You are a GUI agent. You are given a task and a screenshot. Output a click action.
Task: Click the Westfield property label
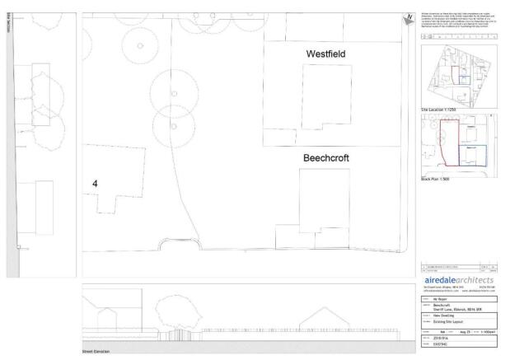(325, 54)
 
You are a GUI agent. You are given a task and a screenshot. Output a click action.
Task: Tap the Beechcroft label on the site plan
(327, 156)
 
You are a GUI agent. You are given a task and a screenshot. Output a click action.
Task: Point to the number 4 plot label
(96, 185)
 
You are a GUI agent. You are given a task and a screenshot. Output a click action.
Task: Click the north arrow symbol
(407, 19)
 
